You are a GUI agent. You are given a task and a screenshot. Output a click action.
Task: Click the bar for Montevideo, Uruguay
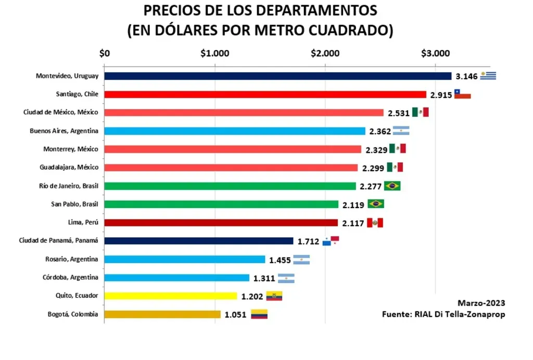(x=277, y=76)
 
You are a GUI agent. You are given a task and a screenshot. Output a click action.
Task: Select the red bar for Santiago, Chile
(x=265, y=94)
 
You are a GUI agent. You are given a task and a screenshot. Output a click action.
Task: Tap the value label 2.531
(x=399, y=113)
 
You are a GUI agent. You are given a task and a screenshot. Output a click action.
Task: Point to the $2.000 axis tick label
(x=325, y=53)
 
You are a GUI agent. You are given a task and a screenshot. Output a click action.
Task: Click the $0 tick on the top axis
(x=105, y=53)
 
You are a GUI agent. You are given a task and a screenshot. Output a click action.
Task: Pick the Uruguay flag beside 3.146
(x=488, y=76)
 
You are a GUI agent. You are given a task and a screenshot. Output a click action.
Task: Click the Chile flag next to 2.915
(x=462, y=94)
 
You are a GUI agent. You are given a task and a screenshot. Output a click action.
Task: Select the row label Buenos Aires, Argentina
(x=64, y=131)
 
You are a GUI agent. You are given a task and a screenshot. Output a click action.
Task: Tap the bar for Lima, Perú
(x=221, y=223)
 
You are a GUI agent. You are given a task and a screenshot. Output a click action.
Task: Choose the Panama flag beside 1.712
(x=331, y=241)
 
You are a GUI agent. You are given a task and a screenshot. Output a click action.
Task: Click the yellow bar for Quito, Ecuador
(x=171, y=296)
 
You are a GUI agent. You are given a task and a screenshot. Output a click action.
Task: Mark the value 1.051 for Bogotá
(x=236, y=315)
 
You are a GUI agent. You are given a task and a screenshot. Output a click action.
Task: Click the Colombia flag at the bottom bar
(x=259, y=314)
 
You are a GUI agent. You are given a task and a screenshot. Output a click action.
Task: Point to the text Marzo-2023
(x=481, y=303)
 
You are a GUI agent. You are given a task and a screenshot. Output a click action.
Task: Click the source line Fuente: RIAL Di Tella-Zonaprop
(x=443, y=314)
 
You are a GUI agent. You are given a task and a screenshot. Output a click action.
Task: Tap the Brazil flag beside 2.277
(x=392, y=186)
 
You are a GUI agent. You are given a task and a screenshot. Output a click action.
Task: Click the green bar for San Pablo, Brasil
(x=221, y=204)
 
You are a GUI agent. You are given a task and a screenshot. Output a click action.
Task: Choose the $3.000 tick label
(x=435, y=53)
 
